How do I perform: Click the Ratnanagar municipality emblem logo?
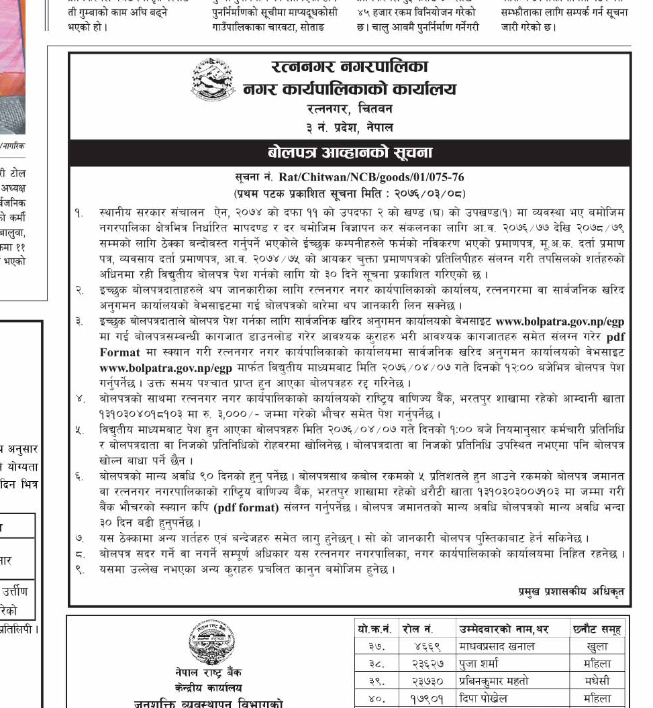(x=213, y=80)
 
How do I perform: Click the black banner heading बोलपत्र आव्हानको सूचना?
(x=350, y=152)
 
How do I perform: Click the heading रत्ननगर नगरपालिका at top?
(x=350, y=67)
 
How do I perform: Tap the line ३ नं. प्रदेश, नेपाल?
(x=350, y=126)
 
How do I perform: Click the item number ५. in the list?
(x=80, y=429)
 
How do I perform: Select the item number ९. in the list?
(x=80, y=570)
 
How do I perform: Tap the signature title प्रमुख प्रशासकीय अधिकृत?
(x=571, y=591)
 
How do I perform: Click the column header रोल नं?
(x=418, y=629)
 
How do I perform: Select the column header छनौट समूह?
(x=597, y=629)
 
